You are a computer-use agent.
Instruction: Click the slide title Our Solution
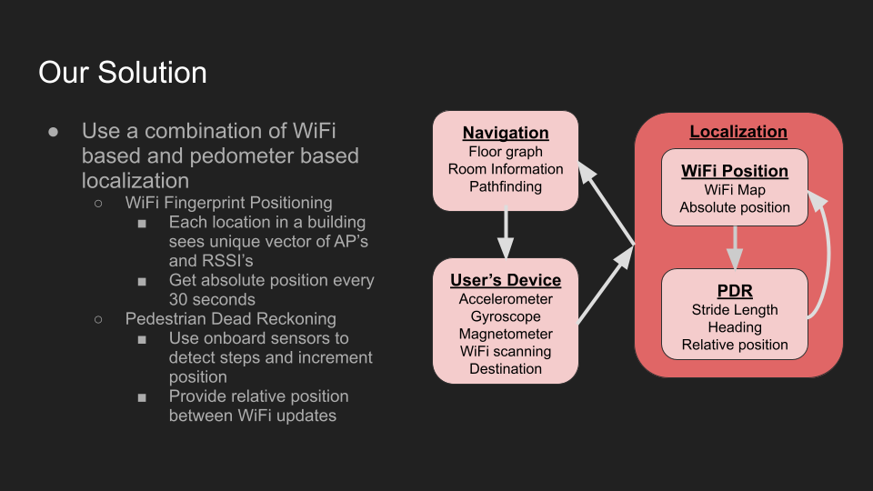tap(123, 72)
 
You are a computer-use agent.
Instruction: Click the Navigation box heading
tap(506, 133)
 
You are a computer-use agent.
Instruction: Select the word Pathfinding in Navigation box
tap(506, 186)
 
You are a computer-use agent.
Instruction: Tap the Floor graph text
tap(506, 152)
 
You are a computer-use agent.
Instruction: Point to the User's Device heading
tap(506, 280)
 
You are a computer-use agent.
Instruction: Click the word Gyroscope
tap(506, 316)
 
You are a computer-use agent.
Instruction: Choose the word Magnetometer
tap(506, 334)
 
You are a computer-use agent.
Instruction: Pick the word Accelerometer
tap(506, 299)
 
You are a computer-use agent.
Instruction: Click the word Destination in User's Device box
tap(506, 368)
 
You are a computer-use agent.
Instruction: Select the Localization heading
tap(738, 132)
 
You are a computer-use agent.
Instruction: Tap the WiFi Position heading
tap(735, 171)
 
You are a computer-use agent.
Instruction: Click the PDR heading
tap(735, 291)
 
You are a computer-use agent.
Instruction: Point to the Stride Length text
tap(735, 310)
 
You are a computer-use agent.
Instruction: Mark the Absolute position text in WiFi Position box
tap(735, 207)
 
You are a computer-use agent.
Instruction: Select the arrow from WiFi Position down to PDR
tap(735, 247)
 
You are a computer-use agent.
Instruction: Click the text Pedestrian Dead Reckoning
tap(231, 319)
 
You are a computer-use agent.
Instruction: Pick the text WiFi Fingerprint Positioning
tap(228, 203)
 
